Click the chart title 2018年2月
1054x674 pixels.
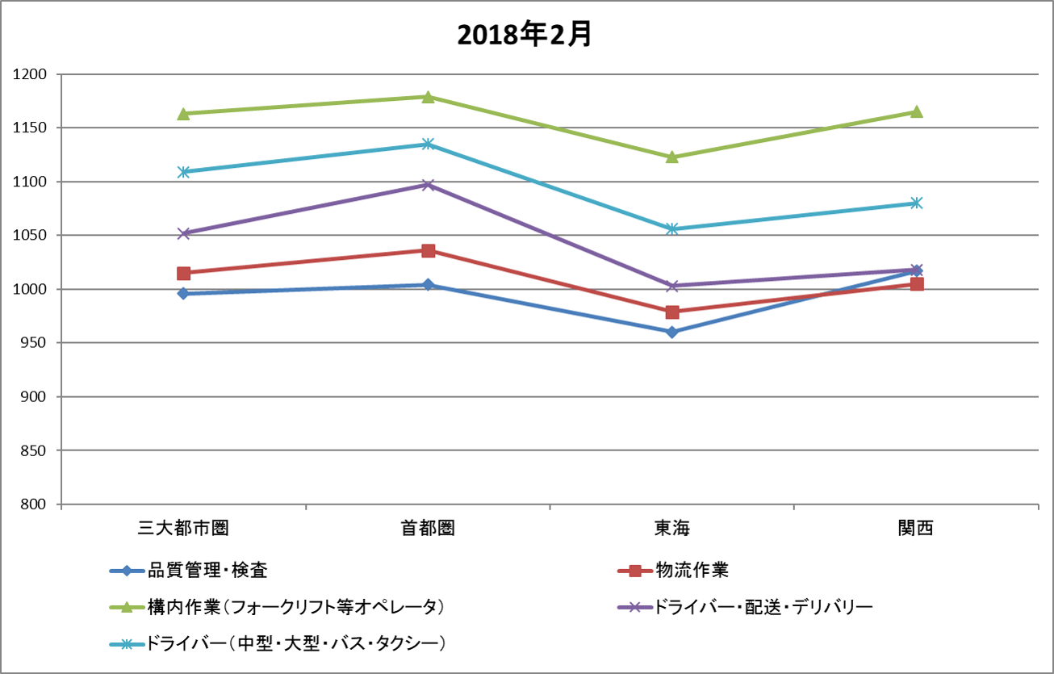(x=525, y=35)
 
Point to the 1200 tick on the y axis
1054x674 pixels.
(x=31, y=74)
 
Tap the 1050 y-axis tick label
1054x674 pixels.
(x=31, y=236)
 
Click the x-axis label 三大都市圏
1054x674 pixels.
(x=183, y=529)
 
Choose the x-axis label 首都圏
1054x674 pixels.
(x=428, y=529)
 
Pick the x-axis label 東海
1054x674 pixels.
(x=671, y=529)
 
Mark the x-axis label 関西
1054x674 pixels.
(x=915, y=529)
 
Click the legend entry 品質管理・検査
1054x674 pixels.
(x=207, y=571)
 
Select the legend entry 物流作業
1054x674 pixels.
(x=692, y=571)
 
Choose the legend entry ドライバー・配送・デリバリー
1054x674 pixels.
(x=763, y=606)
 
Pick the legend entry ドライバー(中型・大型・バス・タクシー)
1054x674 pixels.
(x=297, y=643)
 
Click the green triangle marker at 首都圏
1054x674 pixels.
(x=428, y=97)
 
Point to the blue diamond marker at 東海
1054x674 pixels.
(x=671, y=332)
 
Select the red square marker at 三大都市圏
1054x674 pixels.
(x=183, y=273)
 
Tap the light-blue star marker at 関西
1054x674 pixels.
(x=916, y=203)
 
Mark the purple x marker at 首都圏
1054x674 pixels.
(x=428, y=185)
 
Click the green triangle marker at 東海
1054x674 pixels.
(x=671, y=157)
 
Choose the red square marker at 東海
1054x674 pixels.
(x=671, y=312)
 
